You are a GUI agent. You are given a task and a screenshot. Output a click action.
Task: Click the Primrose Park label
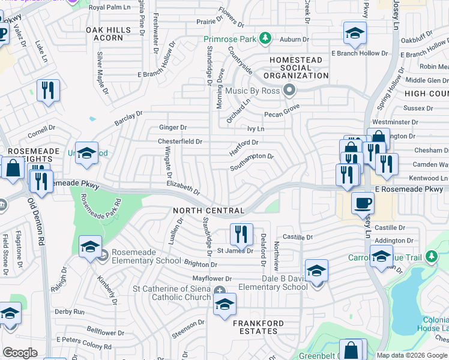(x=231, y=40)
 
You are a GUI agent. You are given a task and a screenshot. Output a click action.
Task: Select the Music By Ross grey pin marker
(x=289, y=91)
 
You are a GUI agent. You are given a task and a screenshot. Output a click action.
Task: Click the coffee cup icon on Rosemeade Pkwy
(x=362, y=203)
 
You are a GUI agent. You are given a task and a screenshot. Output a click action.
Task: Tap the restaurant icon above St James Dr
(x=241, y=233)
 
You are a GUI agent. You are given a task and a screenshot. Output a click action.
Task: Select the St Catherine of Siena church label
(x=172, y=293)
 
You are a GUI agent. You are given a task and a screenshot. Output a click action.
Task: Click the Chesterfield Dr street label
(x=180, y=142)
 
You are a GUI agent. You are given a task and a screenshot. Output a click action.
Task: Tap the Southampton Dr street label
(x=252, y=160)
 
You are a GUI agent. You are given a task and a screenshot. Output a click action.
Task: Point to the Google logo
(x=20, y=353)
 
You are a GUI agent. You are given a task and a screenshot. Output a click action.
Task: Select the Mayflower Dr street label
(x=212, y=279)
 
